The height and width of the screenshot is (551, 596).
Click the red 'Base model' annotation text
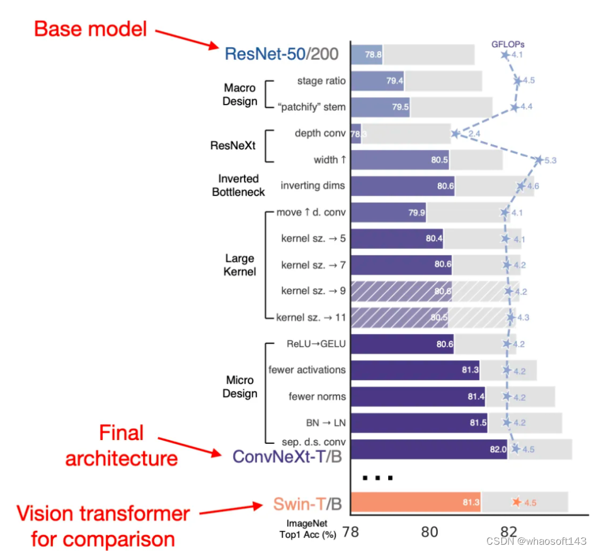tap(90, 28)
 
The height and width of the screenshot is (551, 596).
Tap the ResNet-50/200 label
tap(282, 54)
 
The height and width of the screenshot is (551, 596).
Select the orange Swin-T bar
tap(415, 502)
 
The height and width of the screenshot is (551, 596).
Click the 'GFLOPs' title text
tap(508, 44)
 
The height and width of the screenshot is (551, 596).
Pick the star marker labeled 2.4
tap(455, 134)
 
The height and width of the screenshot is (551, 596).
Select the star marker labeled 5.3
tap(538, 160)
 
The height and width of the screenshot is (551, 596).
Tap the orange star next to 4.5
tap(517, 502)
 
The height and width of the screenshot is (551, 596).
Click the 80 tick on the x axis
tap(430, 531)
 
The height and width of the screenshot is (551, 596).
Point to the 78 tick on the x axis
tap(351, 531)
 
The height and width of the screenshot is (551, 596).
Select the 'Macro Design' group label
tap(239, 95)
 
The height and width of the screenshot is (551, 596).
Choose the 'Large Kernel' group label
tap(239, 265)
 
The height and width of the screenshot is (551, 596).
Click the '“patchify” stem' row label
tap(311, 107)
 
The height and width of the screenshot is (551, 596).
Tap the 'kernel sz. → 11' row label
tap(311, 317)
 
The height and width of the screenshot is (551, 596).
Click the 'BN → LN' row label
tap(322, 422)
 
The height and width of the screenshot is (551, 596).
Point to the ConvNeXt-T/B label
tap(287, 456)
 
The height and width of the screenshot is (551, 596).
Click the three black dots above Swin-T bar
tap(377, 477)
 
